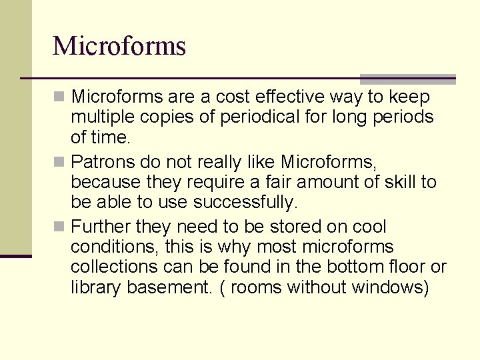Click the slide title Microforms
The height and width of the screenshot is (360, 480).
(119, 46)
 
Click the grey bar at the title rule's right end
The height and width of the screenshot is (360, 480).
(407, 79)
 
